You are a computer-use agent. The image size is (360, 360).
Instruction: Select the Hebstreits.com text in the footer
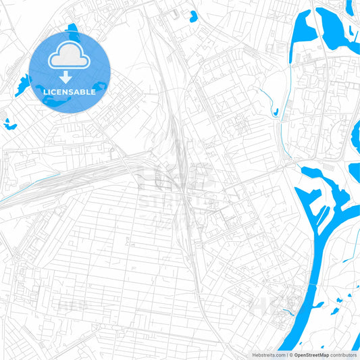(267, 354)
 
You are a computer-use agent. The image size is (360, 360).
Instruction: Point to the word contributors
(342, 354)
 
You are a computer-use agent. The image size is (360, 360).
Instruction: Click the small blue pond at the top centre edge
(194, 16)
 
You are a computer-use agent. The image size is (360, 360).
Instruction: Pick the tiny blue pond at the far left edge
(9, 124)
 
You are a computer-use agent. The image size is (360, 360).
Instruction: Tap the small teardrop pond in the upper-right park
(276, 111)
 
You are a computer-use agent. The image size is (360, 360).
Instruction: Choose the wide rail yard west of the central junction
(88, 176)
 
